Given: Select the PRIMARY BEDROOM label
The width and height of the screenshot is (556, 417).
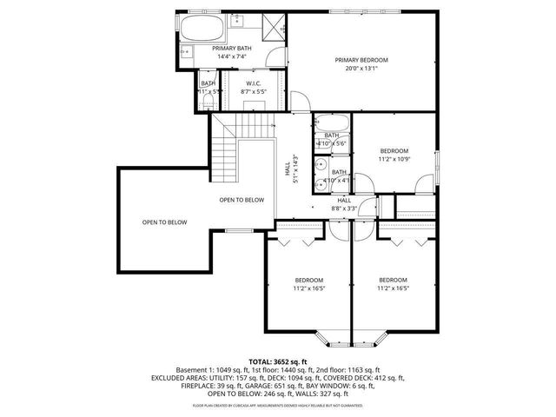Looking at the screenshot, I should [x=361, y=60].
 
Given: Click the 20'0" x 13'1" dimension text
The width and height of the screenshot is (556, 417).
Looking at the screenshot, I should [x=361, y=69].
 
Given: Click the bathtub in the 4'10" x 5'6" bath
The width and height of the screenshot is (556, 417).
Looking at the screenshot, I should [x=332, y=122].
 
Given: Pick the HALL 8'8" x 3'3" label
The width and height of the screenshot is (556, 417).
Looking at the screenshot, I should [x=344, y=204].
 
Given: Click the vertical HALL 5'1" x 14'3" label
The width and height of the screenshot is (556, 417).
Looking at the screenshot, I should [x=292, y=170].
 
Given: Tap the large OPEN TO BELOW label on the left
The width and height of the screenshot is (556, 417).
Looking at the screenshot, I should [x=164, y=222].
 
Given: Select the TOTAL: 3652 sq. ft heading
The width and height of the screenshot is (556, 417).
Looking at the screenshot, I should [x=278, y=361].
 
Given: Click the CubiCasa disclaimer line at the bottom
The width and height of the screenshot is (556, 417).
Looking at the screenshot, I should [x=278, y=405].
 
